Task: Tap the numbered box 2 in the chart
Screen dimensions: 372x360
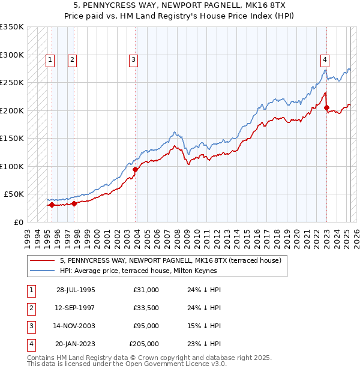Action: click(71, 59)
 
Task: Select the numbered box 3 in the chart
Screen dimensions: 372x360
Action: click(133, 59)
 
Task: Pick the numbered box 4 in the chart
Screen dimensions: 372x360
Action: click(324, 59)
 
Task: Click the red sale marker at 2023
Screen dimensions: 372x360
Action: click(327, 108)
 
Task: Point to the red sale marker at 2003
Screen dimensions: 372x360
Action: click(135, 169)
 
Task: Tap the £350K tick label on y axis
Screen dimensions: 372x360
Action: click(12, 27)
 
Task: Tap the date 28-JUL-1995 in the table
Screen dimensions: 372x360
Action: click(76, 290)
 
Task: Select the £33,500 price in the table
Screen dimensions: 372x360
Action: click(146, 308)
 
